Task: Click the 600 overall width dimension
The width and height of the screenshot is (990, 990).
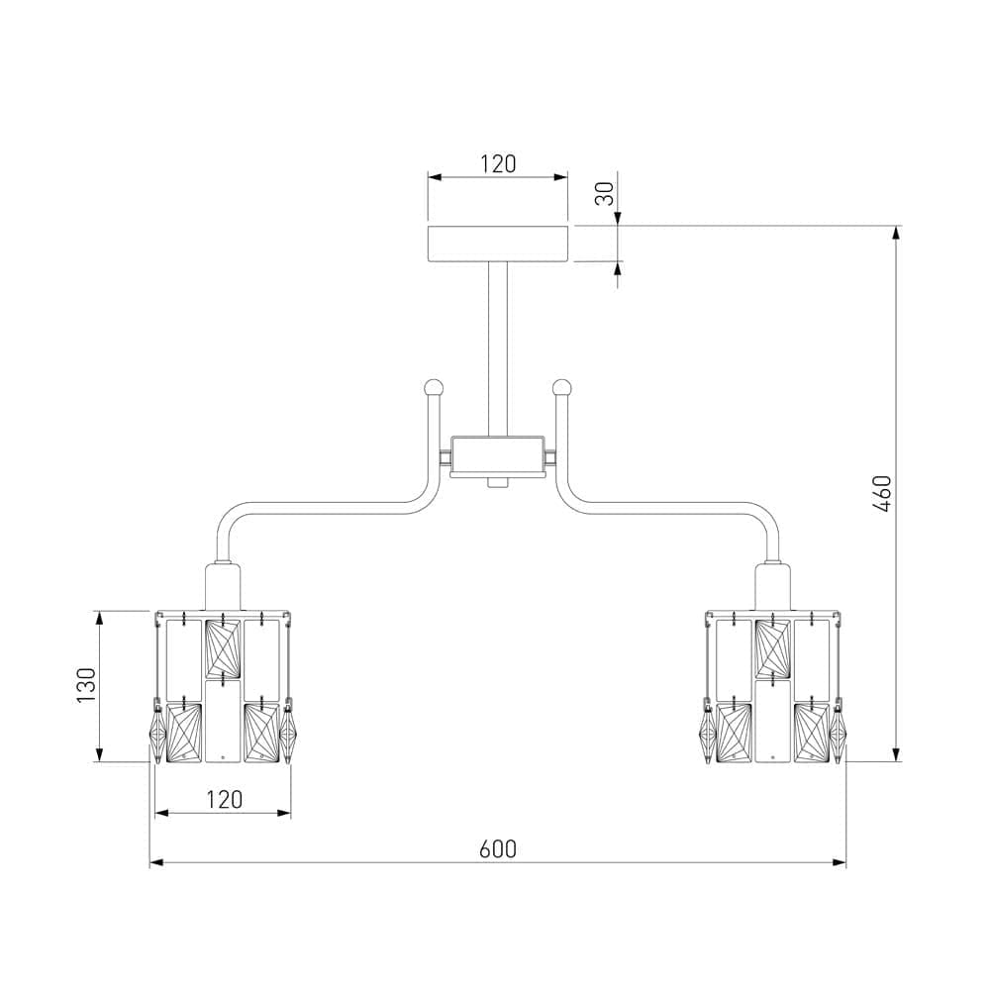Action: [498, 848]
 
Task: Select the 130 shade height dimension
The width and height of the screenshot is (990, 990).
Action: [86, 686]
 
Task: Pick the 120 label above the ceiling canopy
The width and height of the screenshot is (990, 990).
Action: [498, 164]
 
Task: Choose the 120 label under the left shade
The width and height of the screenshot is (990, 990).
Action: [224, 799]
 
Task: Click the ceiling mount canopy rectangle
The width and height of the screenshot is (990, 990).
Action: [498, 244]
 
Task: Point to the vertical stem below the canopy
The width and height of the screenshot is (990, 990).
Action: [498, 346]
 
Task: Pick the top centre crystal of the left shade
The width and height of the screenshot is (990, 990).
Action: [223, 646]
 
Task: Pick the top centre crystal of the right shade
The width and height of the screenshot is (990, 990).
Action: [773, 646]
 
